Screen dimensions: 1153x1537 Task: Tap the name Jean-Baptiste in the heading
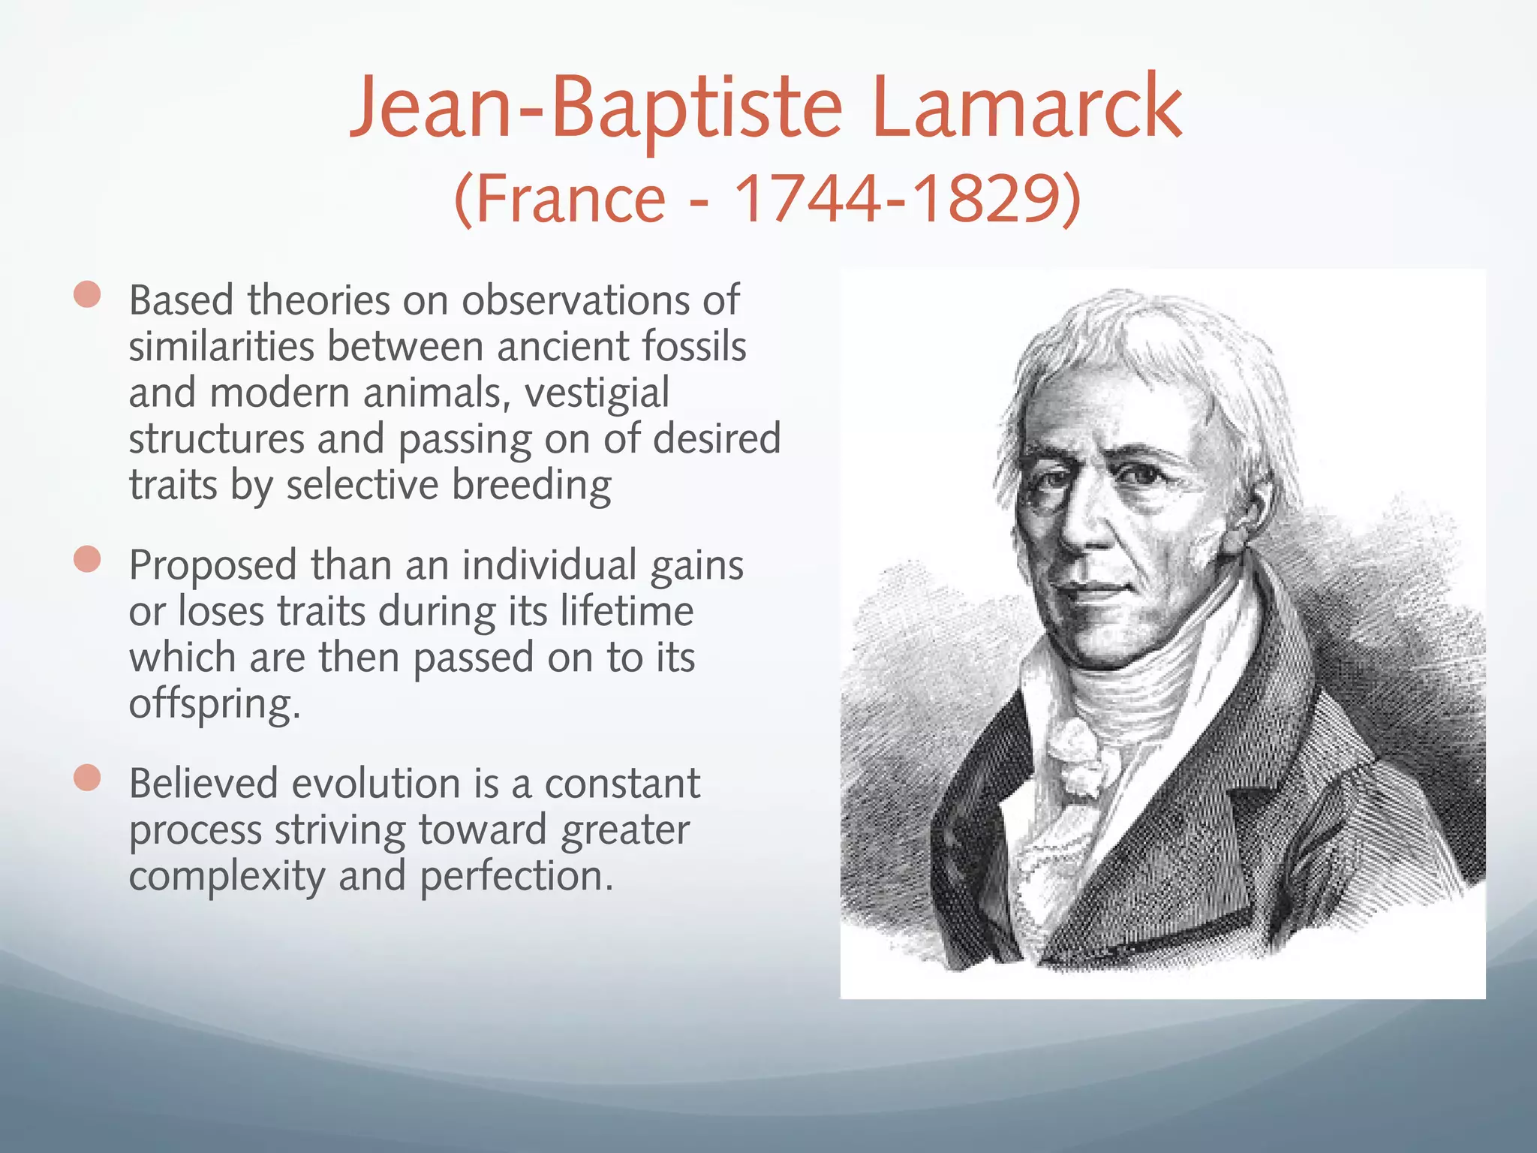coord(597,107)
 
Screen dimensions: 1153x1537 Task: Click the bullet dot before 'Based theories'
coord(88,295)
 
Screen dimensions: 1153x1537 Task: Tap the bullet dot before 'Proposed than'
coord(88,559)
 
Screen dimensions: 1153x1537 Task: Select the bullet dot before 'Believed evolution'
coord(88,778)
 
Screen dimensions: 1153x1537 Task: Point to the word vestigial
coord(597,393)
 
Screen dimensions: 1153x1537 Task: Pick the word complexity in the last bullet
coord(227,876)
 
